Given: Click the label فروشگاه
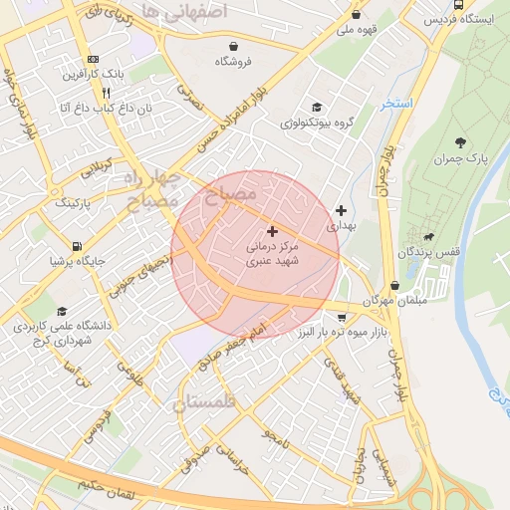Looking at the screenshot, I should click(232, 62).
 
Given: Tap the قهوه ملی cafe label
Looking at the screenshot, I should click(356, 30).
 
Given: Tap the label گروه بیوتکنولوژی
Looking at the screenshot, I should click(317, 124).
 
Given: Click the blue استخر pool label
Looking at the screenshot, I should click(395, 104).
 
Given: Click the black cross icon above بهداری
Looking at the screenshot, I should click(342, 210).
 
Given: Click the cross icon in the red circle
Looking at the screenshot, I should click(272, 231).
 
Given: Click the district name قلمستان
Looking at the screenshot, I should click(206, 402).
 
